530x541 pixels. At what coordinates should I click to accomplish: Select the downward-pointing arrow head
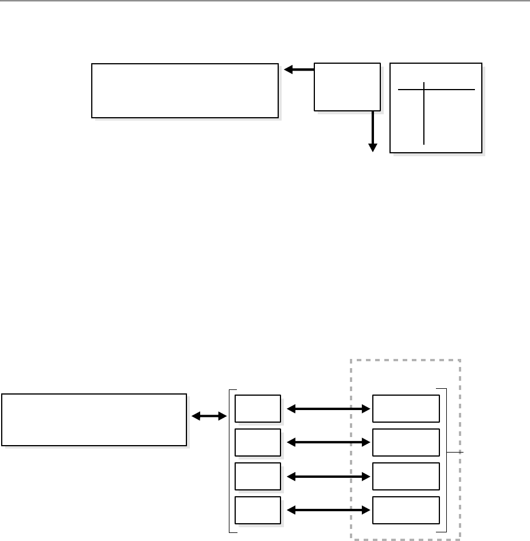coord(373,147)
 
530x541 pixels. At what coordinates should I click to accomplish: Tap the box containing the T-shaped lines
coord(435,108)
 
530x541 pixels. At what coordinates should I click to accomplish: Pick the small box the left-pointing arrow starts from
coord(347,87)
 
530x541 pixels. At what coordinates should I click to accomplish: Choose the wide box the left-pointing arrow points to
coord(185,91)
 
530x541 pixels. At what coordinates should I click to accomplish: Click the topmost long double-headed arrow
coord(327,409)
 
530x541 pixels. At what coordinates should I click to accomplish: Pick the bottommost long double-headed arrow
coord(327,509)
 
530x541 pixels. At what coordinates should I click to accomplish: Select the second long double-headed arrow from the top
coord(327,442)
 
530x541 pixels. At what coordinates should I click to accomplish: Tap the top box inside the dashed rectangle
coord(406,409)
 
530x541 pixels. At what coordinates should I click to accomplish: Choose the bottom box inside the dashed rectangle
coord(406,509)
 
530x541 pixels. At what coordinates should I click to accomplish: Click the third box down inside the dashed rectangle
coord(406,476)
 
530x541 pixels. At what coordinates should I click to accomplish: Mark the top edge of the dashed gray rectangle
coord(406,360)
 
